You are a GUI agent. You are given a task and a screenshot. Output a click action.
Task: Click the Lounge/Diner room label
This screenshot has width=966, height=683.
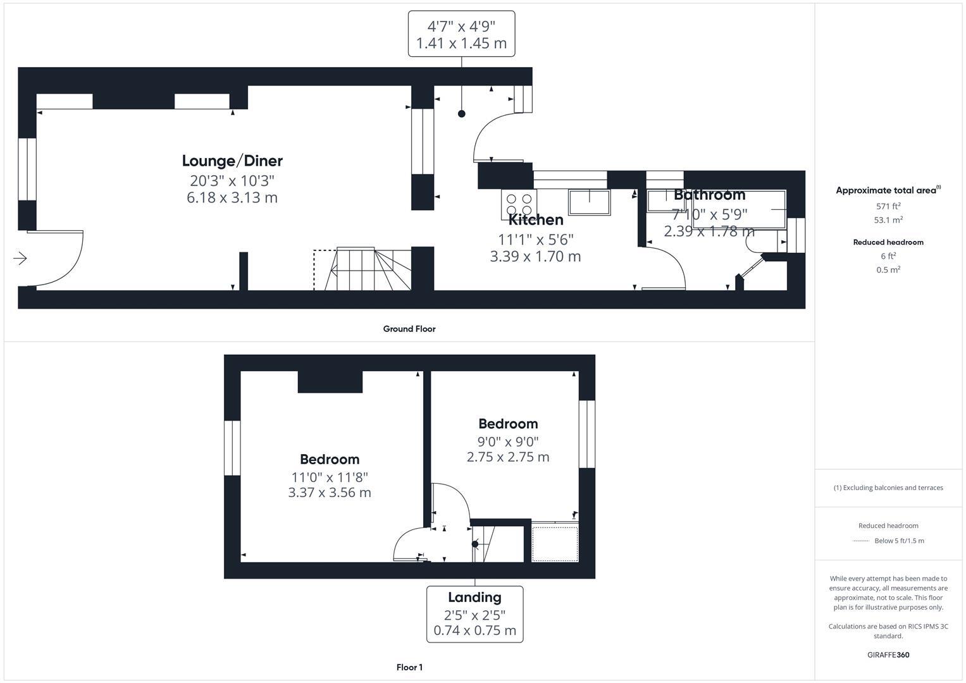(232, 161)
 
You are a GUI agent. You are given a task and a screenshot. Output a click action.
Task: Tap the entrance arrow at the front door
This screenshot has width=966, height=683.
(20, 258)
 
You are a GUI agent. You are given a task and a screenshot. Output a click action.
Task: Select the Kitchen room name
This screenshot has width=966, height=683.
(536, 220)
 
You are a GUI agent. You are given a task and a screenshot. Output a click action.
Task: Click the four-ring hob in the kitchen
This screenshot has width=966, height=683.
(519, 204)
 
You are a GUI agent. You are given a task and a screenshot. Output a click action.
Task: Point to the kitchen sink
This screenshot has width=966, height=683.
(589, 202)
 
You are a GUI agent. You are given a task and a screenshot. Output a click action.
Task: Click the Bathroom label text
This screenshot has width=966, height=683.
(709, 195)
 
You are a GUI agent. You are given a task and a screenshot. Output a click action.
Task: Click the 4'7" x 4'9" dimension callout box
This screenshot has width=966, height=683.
(461, 34)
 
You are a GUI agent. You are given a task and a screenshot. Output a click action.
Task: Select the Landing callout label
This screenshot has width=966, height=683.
(474, 598)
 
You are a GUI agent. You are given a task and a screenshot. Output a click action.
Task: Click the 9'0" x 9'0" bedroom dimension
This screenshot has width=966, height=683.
(508, 441)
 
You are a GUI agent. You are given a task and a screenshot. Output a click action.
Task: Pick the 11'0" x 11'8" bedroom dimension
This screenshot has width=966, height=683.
(330, 477)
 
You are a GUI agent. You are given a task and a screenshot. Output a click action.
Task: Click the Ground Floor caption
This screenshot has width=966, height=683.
(409, 329)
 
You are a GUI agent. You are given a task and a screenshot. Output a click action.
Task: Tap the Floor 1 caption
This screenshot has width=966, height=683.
(409, 667)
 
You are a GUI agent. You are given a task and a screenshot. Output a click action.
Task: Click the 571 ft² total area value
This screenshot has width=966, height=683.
(888, 206)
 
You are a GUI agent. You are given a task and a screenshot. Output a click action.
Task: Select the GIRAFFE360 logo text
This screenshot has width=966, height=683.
(888, 655)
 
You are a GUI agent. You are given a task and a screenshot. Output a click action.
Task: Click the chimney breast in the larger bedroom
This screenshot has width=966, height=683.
(330, 382)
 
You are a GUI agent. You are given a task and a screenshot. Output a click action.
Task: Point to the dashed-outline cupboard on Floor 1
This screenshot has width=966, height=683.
(555, 543)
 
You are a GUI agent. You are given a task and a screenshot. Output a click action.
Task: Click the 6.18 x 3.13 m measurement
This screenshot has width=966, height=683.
(232, 198)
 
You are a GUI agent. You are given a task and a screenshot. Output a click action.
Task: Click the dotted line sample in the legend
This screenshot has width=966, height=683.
(861, 541)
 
